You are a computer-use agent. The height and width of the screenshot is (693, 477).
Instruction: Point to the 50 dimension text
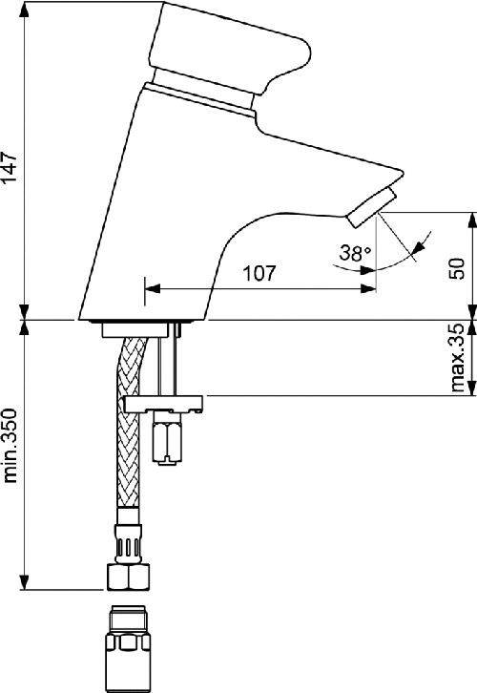click(457, 268)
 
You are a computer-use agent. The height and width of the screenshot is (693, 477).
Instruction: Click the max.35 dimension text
click(457, 358)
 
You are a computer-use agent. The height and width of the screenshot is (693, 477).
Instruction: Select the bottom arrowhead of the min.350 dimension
click(25, 584)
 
